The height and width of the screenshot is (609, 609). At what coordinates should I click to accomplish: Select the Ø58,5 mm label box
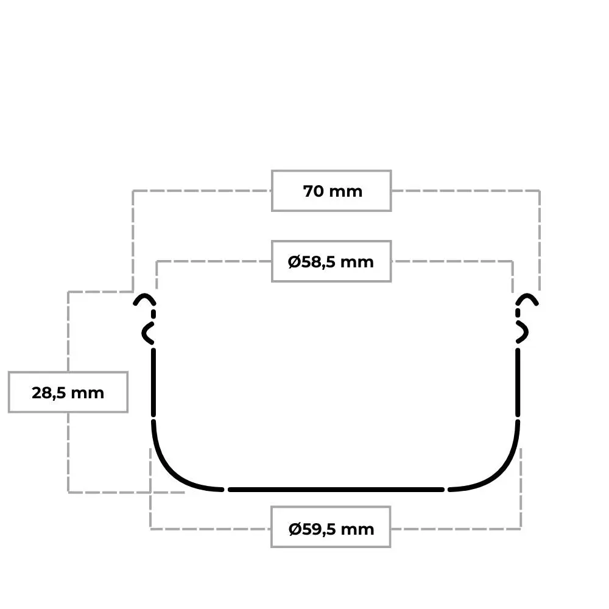point(331,261)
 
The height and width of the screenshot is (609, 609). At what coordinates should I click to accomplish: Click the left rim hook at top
point(144,296)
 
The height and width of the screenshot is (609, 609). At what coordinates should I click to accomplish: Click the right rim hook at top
point(527,296)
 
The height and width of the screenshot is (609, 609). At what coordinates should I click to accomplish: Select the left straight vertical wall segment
point(153,382)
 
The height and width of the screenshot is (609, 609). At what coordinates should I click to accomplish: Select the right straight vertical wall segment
point(518,382)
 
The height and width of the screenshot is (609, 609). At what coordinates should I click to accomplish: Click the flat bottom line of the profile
point(336,490)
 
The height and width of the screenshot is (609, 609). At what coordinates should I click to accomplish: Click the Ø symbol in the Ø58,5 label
point(294,262)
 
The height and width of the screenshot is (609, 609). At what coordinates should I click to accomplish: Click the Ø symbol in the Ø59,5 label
point(295,529)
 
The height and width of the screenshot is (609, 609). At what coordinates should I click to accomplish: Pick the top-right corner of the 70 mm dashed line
point(540,191)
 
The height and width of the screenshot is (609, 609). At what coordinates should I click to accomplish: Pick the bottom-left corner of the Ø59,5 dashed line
point(150,529)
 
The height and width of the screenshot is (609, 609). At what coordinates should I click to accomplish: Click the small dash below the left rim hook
point(153,314)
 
